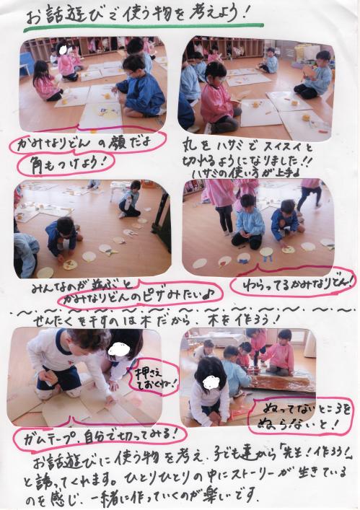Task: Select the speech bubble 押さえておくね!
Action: [155, 375]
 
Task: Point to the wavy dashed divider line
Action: [180, 308]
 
